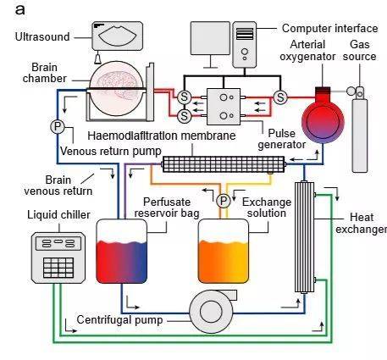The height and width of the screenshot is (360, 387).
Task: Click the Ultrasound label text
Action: coord(42,37)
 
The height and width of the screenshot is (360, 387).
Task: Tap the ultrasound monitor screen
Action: coord(118,36)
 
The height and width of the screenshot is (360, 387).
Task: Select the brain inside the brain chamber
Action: coord(117,82)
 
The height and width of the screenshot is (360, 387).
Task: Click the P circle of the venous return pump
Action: coord(58,126)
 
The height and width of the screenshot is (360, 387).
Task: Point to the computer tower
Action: coord(245,45)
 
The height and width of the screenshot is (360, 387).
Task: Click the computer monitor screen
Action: coord(210,38)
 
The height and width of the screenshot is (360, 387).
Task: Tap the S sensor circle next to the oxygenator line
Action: coord(280,97)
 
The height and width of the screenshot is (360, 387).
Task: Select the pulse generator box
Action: coord(224,107)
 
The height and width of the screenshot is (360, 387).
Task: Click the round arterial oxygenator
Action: coord(323,121)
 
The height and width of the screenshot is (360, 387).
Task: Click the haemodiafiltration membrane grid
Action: coord(224,164)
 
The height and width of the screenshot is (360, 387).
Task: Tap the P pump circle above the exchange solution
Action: coord(224,201)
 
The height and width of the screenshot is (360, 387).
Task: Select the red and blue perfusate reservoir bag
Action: coord(122,251)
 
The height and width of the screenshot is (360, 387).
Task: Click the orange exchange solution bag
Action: coord(224,251)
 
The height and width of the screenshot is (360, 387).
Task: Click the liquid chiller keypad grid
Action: coord(58,268)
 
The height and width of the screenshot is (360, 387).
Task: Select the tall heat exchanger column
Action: coord(304,237)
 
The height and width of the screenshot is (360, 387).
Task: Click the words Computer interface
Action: coord(329,29)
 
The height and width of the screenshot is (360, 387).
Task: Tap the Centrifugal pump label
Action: coord(119,320)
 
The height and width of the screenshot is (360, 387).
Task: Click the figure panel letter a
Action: coord(19,9)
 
